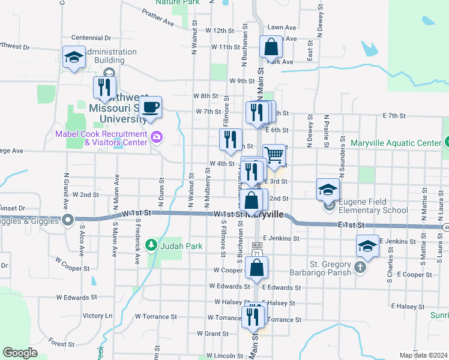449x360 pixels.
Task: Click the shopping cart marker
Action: click(x=274, y=155)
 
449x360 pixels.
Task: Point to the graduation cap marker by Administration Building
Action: click(x=74, y=58)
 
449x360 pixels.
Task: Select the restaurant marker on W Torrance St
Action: click(x=253, y=315)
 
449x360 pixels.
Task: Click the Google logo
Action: click(x=20, y=353)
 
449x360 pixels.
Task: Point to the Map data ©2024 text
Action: click(x=423, y=355)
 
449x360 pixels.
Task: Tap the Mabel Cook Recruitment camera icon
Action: click(x=157, y=137)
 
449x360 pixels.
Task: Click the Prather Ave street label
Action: click(x=158, y=19)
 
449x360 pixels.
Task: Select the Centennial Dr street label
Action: click(x=91, y=38)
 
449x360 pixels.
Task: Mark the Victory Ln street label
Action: click(x=97, y=316)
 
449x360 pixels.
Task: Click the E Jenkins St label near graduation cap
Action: click(x=397, y=241)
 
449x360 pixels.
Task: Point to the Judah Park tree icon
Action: click(x=152, y=244)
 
